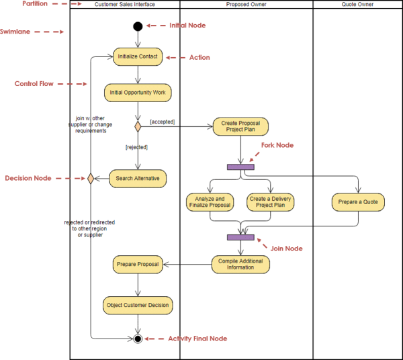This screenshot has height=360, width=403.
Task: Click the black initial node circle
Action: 138,27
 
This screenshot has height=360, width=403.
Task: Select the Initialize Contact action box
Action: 138,57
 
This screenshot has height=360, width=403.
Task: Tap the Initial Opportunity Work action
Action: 138,91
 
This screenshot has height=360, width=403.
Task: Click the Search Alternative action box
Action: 138,179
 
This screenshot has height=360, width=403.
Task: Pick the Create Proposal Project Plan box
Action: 240,126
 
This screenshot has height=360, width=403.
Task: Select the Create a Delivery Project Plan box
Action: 271,202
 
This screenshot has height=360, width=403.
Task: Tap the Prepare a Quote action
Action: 358,202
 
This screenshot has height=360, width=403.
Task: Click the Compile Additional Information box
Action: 240,264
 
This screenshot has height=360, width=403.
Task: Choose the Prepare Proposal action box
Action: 138,264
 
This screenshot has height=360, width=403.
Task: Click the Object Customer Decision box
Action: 138,305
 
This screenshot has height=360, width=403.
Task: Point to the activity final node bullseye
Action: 138,339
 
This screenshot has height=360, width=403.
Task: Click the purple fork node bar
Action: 240,167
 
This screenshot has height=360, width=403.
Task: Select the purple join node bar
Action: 240,237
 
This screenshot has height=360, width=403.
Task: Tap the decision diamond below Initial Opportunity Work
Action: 138,126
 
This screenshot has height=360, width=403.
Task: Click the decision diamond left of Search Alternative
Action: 89,179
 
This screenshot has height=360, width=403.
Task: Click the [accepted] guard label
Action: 162,122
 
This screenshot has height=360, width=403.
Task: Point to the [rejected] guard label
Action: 136,146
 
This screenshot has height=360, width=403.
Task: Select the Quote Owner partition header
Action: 358,5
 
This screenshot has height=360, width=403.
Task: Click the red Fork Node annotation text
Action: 277,145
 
